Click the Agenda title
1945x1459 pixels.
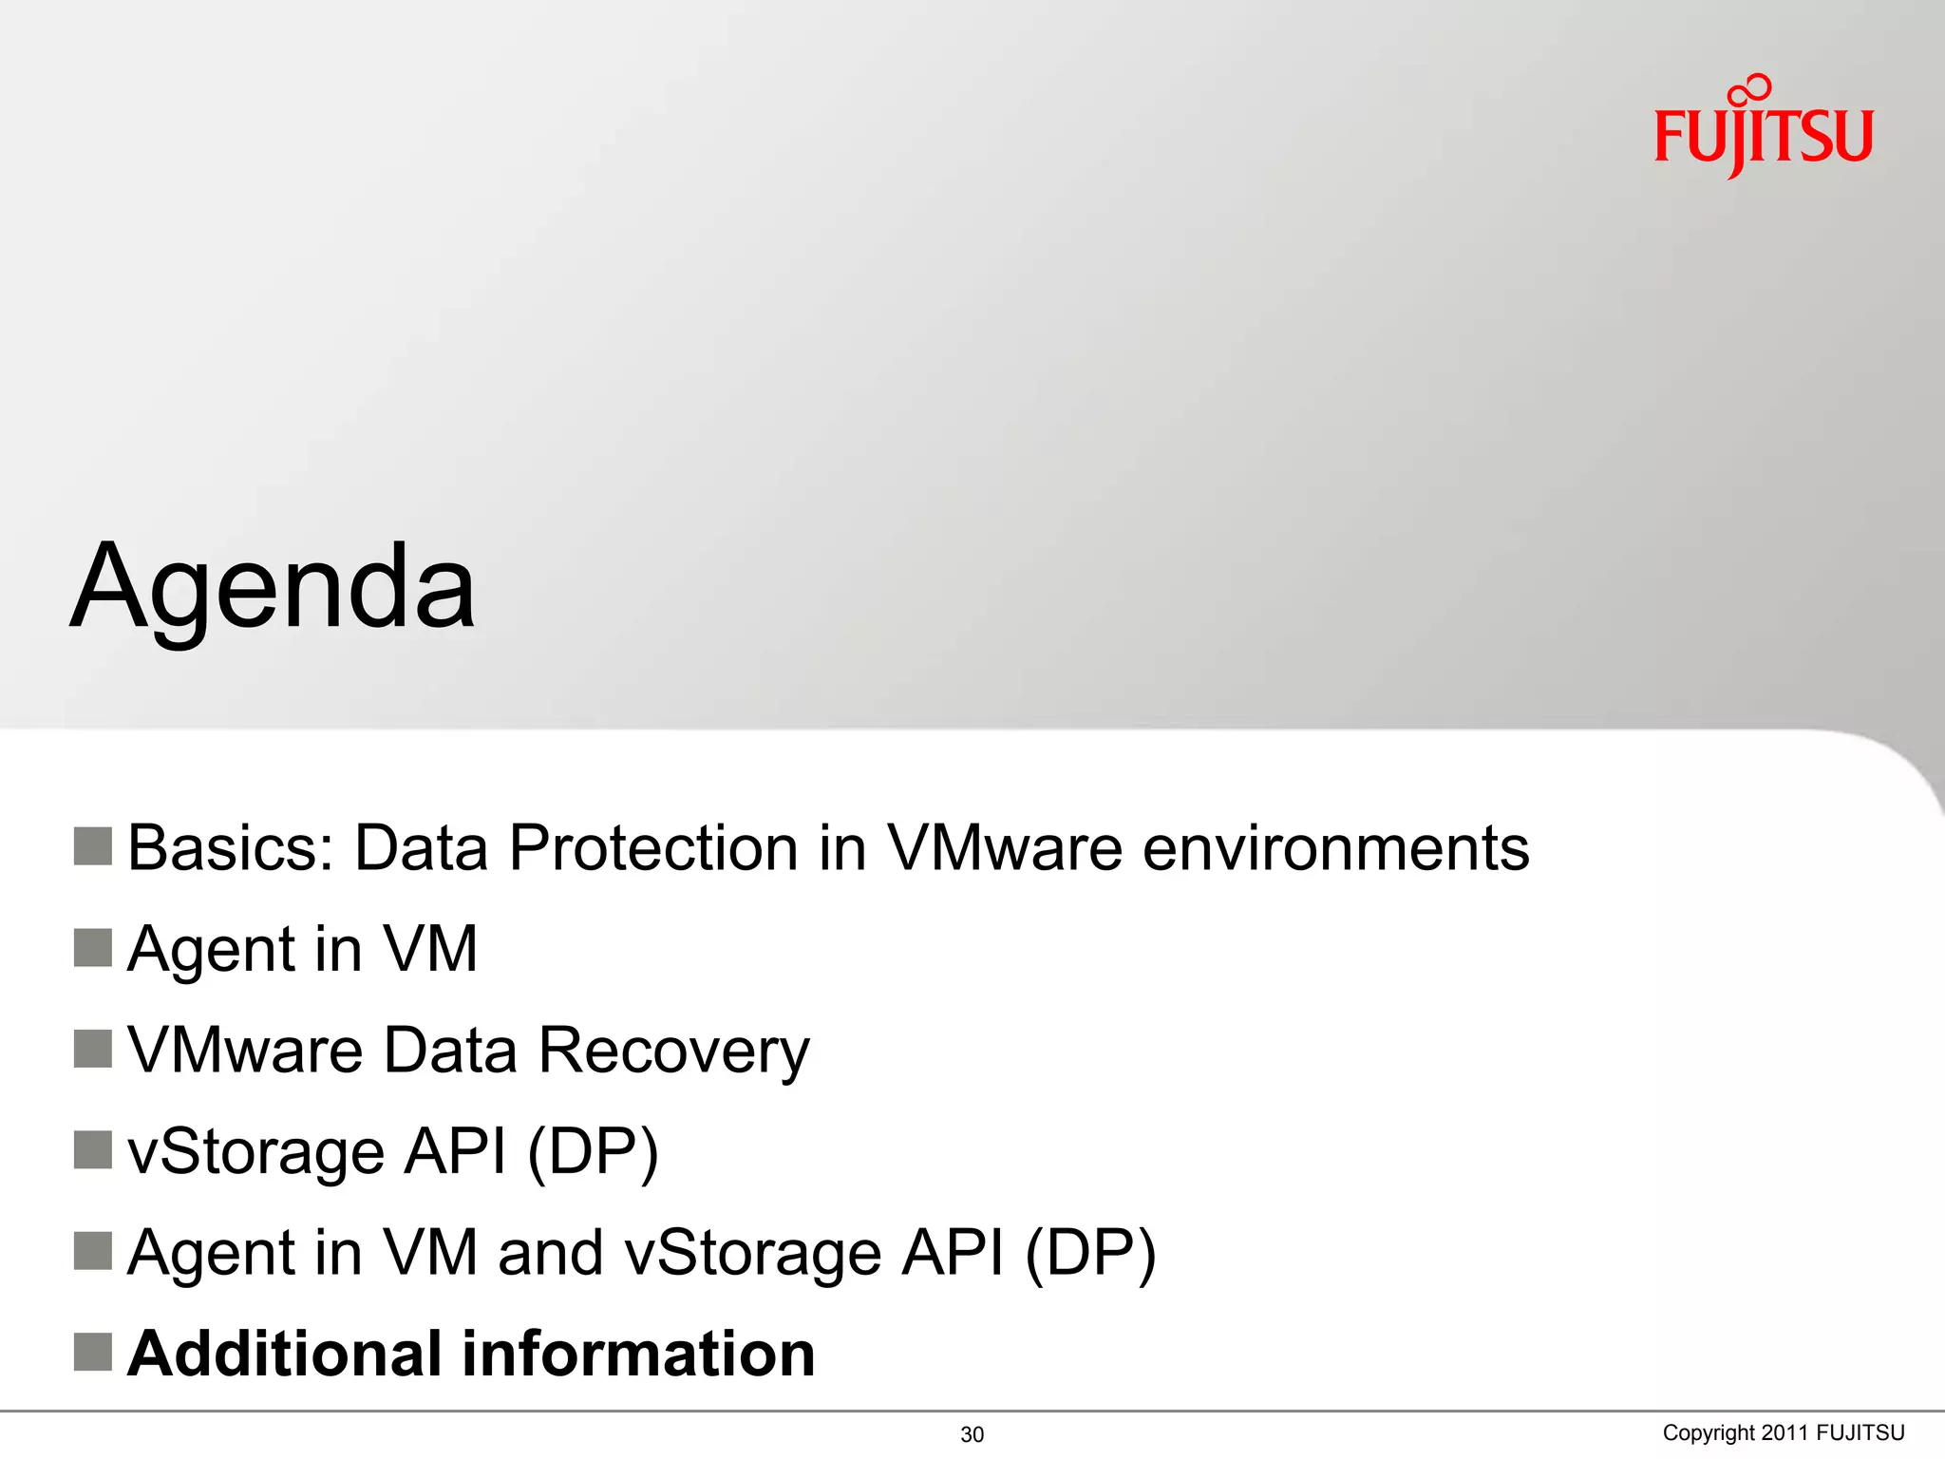(274, 587)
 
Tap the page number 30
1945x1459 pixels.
(972, 1434)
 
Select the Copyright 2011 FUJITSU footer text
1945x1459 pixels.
(1783, 1432)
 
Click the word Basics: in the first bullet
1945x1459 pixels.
(231, 847)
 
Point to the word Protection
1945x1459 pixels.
(653, 847)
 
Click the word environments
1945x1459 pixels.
(1335, 847)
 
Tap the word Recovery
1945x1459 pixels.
(673, 1051)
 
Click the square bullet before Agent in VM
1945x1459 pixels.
(93, 947)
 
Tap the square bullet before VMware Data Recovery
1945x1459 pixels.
(93, 1049)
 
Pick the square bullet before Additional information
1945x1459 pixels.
(93, 1352)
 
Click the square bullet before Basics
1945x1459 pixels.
(93, 846)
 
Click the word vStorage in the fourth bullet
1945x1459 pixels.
(255, 1152)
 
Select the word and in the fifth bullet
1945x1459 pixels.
(550, 1253)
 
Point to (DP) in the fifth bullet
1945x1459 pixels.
(1090, 1253)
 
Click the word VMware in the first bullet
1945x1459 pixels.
(1005, 847)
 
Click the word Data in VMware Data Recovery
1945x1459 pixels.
(450, 1051)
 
